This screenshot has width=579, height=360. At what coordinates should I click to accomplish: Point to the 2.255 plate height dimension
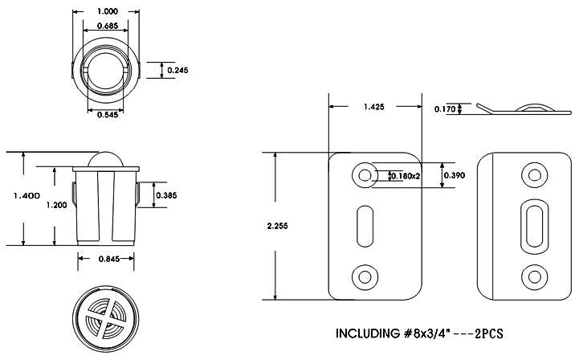pos(276,226)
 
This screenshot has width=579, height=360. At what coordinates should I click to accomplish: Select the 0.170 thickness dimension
pos(445,109)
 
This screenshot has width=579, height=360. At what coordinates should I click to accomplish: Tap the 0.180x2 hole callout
pos(405,175)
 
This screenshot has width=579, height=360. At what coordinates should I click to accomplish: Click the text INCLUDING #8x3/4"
pos(390,333)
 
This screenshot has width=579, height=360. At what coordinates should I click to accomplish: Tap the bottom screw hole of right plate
pos(532,276)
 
